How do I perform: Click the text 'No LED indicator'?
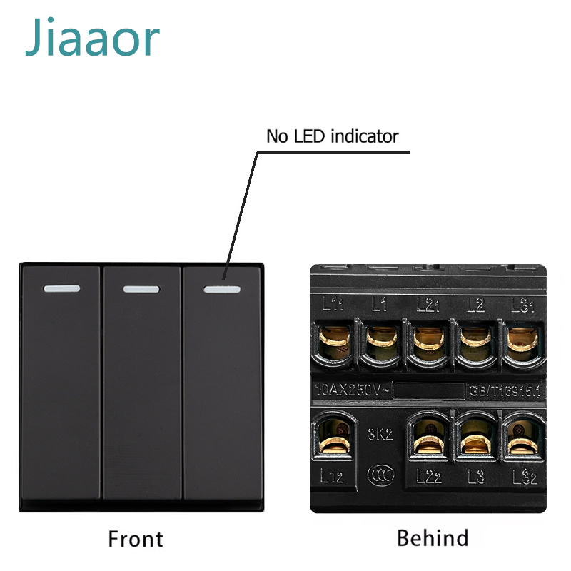coord(332,136)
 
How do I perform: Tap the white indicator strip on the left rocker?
coord(61,290)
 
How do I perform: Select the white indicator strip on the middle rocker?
coord(141,290)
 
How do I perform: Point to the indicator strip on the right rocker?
coord(221,290)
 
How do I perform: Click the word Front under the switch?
coord(135,539)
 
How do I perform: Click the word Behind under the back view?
coord(433,537)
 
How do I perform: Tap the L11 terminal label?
coord(332,305)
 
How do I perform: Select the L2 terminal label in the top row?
coord(475,305)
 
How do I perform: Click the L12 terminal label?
coord(332,476)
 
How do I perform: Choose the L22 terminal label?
coord(428,476)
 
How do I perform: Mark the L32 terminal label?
coord(525,476)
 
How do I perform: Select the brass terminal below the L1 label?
coord(381,339)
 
